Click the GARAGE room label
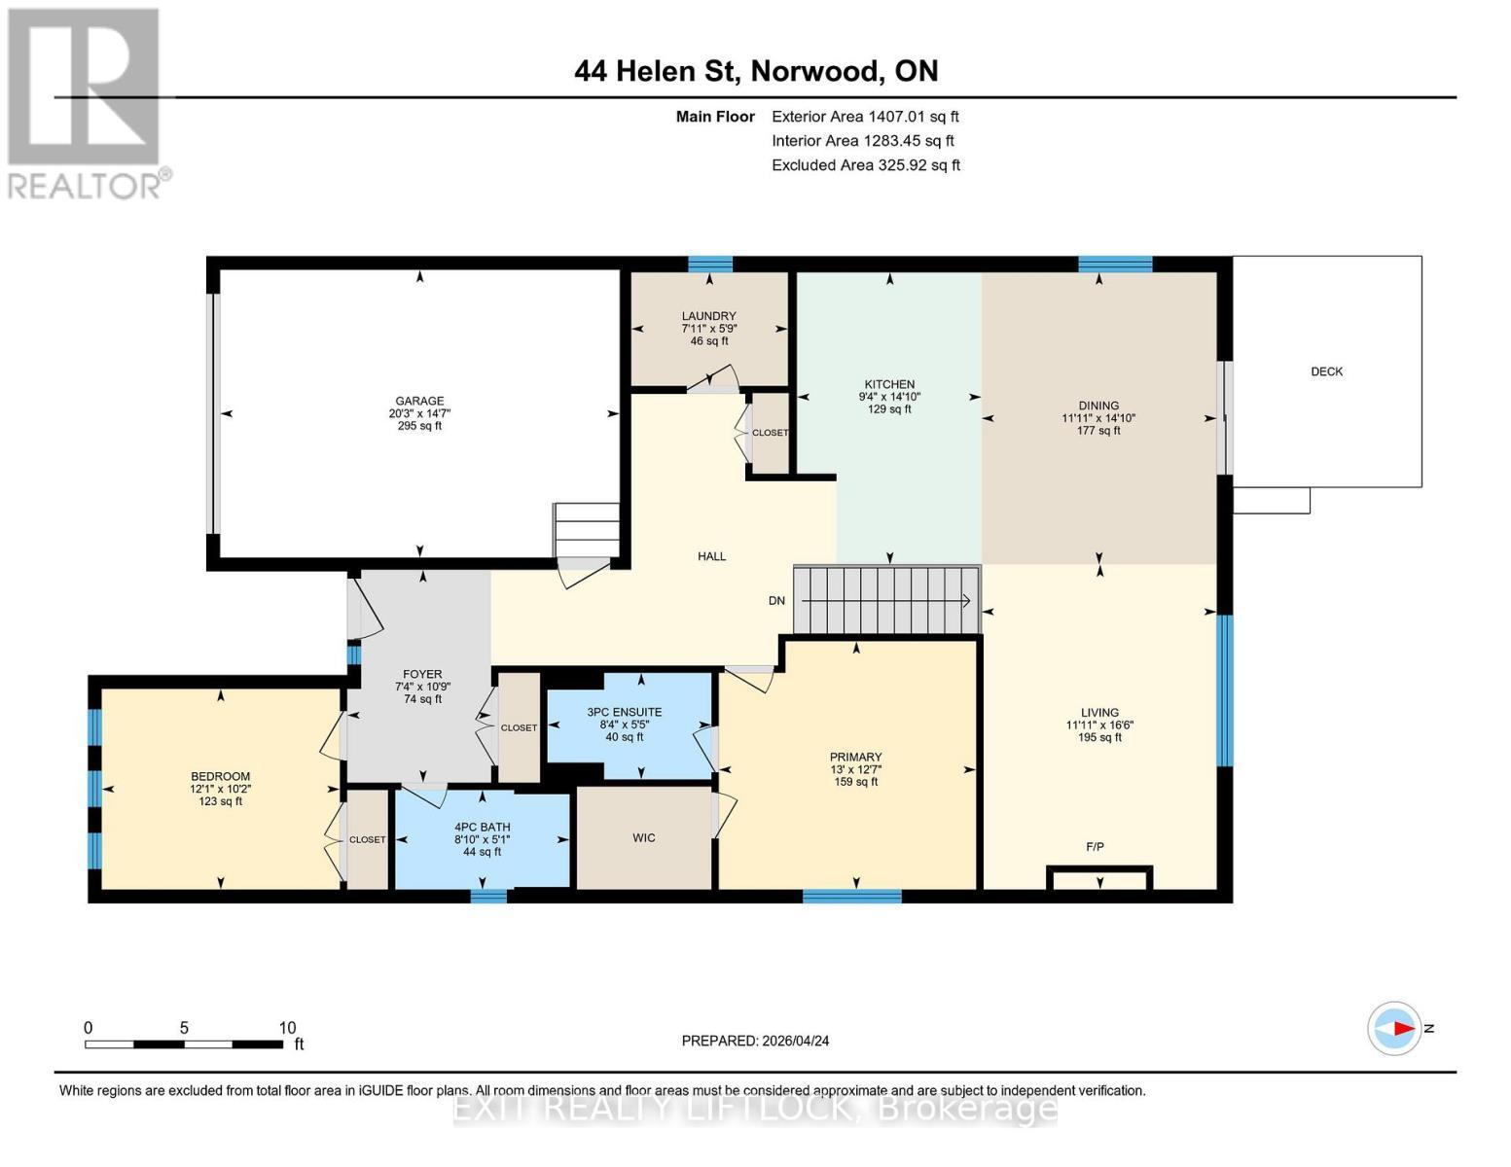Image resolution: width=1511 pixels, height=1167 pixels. click(x=419, y=401)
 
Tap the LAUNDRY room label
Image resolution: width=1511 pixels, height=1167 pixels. click(x=708, y=316)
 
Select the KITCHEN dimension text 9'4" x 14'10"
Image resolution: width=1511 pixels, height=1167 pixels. click(x=889, y=397)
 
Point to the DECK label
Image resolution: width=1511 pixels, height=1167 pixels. click(x=1326, y=371)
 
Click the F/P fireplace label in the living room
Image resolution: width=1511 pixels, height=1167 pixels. click(x=1095, y=847)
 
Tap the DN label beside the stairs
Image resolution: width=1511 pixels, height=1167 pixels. click(x=776, y=601)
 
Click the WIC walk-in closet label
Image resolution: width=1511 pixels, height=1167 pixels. click(x=643, y=837)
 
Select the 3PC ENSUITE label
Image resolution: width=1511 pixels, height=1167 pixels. click(x=624, y=712)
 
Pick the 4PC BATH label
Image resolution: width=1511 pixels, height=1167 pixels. click(x=482, y=827)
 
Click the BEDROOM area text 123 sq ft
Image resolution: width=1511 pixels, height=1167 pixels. click(x=221, y=801)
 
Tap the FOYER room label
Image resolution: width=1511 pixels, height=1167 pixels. click(x=422, y=674)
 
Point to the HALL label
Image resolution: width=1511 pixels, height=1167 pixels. click(x=711, y=556)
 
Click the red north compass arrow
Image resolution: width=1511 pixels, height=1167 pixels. click(x=1405, y=1028)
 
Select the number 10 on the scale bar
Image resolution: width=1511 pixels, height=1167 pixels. click(x=287, y=1027)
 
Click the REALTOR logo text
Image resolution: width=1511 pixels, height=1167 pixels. click(x=85, y=187)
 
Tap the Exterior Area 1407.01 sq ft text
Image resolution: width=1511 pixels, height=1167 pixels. click(x=865, y=117)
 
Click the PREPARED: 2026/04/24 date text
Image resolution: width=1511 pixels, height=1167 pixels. click(x=755, y=1041)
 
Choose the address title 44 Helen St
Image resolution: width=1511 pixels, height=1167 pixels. click(x=657, y=72)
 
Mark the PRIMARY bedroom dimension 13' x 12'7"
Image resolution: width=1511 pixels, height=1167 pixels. click(x=855, y=769)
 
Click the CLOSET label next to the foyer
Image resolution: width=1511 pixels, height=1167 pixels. click(x=519, y=727)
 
